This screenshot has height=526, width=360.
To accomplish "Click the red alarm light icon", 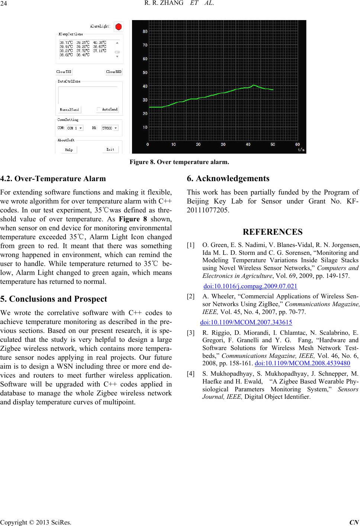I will point(119,26).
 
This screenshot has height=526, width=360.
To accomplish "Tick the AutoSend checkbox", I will point(99,109).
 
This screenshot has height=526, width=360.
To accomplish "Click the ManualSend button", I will point(70,110).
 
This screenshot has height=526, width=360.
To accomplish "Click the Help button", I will point(69,150).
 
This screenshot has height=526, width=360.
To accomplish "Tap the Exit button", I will point(110,150).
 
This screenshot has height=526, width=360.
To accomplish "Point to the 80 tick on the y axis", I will point(145,32).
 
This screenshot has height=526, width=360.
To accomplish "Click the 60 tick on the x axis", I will point(298,144).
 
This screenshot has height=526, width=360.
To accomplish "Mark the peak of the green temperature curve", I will point(253,85).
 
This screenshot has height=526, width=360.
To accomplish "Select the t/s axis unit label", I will point(301,150).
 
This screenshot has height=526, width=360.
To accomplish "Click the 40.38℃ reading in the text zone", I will point(100,42).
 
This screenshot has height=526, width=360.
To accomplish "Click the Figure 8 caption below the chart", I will point(179,162).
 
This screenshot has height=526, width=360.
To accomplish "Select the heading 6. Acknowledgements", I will point(228,179).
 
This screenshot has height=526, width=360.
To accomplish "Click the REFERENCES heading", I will point(273,232).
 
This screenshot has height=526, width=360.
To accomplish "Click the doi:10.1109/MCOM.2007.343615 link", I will point(246,322).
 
